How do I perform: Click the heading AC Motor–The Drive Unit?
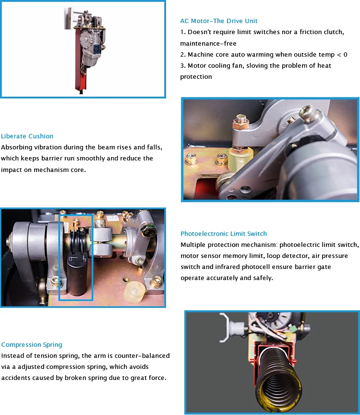pos(219,21)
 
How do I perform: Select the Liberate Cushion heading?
pos(27,136)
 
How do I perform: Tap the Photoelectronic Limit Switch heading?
pos(224,234)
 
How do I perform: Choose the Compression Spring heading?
pos(32,344)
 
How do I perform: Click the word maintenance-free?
pos(208,43)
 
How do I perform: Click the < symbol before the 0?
pos(339,55)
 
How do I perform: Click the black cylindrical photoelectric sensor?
pos(77,274)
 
